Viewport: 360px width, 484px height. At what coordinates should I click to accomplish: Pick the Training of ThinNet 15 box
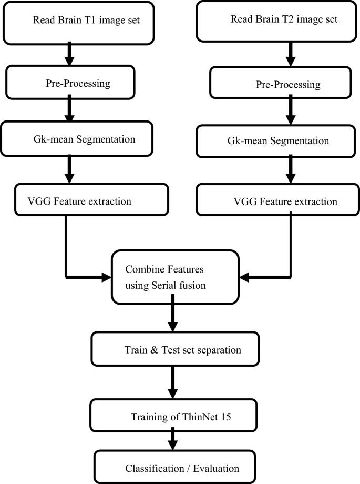(173, 417)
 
